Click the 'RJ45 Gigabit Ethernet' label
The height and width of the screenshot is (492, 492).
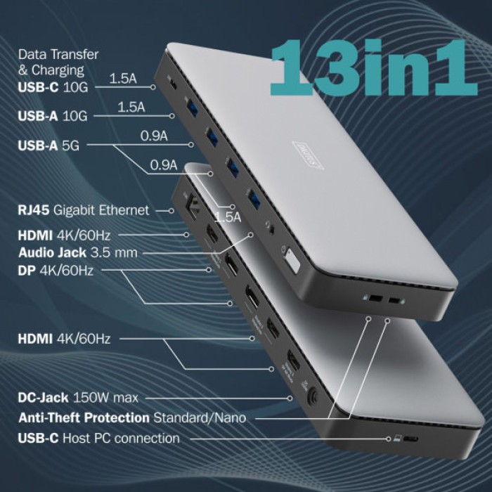coord(84,209)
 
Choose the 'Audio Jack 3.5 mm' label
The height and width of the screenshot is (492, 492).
coord(78,252)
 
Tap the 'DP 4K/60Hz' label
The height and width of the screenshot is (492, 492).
coord(56,270)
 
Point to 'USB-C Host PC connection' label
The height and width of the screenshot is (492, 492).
coord(98,438)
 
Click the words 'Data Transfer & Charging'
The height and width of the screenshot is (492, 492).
coord(58,62)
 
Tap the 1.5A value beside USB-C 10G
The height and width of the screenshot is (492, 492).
coord(122,78)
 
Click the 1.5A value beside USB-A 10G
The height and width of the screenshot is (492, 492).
coord(131,108)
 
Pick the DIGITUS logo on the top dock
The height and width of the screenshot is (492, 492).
coord(309,157)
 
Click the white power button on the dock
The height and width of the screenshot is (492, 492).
coord(292,261)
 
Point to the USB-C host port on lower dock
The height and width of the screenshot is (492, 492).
coord(408,439)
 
